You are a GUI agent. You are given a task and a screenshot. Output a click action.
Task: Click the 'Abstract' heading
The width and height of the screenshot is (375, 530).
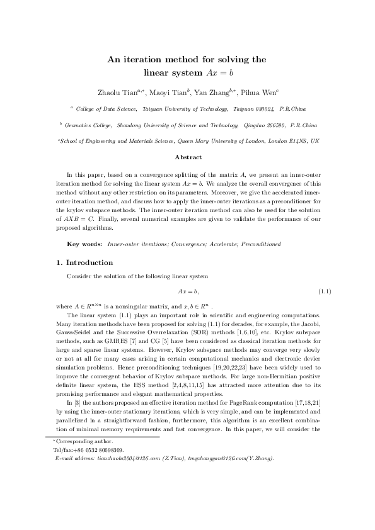(x=187, y=157)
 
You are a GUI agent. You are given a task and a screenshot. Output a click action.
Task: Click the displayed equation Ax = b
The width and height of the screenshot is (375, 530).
(x=187, y=291)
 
